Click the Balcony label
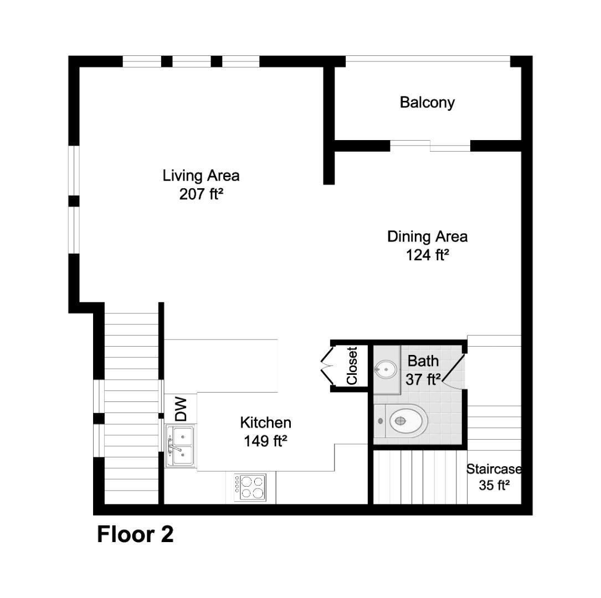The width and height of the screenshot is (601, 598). (x=427, y=102)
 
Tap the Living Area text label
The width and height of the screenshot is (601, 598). (x=201, y=176)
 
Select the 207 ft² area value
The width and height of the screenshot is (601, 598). (x=201, y=194)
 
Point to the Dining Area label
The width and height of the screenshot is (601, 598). (x=427, y=237)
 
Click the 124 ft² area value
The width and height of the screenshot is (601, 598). (x=427, y=255)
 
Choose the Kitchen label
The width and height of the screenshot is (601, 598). (x=265, y=423)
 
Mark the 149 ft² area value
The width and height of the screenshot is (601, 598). (x=265, y=441)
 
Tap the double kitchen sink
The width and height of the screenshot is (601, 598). (x=181, y=446)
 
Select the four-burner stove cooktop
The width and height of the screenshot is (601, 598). (x=250, y=488)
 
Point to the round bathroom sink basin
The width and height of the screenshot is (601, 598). (x=386, y=368)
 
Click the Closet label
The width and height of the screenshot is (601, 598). (x=352, y=365)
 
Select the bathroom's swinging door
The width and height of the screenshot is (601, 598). (x=454, y=370)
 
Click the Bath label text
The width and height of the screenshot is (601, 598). (x=423, y=361)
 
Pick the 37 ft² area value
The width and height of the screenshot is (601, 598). (x=423, y=379)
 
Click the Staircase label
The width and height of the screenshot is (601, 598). (x=494, y=470)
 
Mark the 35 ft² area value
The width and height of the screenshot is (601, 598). (x=494, y=486)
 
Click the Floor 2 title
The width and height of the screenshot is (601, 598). (x=135, y=535)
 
